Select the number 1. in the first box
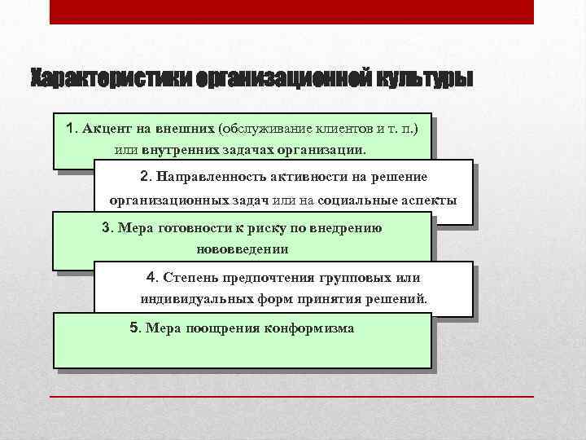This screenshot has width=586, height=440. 72,129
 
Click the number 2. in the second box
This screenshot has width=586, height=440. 146,177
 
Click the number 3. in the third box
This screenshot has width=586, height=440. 107,227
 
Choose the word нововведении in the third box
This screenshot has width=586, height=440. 243,249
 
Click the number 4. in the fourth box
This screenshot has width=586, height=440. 151,276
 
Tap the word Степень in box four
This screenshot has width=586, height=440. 184,276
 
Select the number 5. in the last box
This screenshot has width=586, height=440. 136,328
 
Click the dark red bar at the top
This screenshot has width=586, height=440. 291,11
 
